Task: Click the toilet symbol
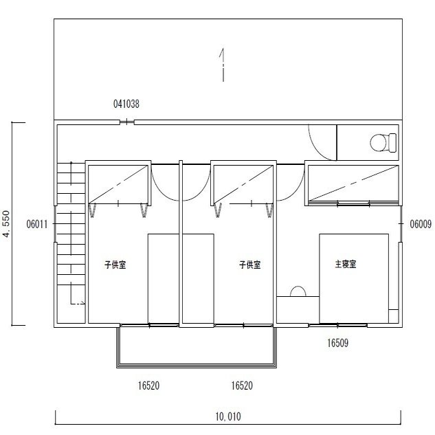(x=383, y=143)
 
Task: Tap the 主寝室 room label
(x=346, y=264)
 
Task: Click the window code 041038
(x=126, y=104)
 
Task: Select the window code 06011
(x=37, y=224)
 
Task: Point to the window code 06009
(x=421, y=224)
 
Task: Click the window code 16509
(x=337, y=343)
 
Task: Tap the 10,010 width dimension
(x=228, y=416)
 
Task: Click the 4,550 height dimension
(x=6, y=224)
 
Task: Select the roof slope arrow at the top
(x=223, y=65)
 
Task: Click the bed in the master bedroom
(x=354, y=278)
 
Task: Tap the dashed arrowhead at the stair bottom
(x=83, y=304)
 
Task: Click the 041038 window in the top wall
(x=126, y=122)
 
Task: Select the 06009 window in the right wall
(x=401, y=223)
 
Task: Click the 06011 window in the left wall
(x=55, y=224)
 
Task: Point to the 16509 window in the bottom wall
(x=337, y=325)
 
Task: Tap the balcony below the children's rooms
(x=197, y=347)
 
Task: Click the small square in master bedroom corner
(x=393, y=316)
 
